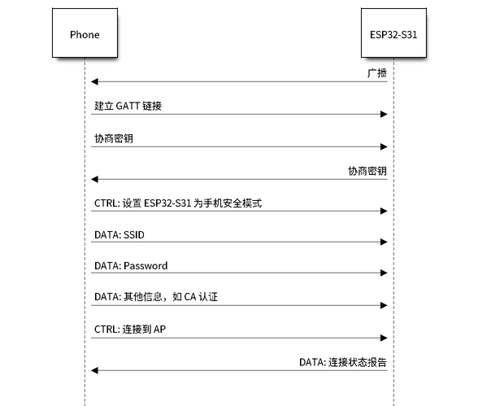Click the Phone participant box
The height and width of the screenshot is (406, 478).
click(85, 33)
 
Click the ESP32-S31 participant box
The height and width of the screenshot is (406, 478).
click(393, 33)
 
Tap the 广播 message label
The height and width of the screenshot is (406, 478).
click(377, 73)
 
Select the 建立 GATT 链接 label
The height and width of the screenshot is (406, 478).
click(128, 106)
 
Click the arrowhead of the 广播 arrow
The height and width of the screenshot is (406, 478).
click(94, 81)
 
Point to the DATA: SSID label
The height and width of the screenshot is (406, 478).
click(119, 235)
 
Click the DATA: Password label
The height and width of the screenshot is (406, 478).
click(131, 266)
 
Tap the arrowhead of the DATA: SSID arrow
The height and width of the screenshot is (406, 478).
click(384, 242)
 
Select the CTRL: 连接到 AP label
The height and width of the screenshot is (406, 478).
click(130, 330)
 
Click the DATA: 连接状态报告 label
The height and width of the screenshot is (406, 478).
click(343, 362)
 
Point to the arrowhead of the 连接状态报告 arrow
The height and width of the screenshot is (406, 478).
click(94, 371)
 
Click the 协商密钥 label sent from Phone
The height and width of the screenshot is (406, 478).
click(114, 138)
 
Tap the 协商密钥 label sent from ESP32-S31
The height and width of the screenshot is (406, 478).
click(367, 171)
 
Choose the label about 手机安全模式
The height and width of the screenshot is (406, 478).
click(178, 203)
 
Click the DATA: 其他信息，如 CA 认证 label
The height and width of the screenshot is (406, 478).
click(156, 297)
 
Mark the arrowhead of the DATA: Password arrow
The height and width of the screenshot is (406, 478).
click(384, 273)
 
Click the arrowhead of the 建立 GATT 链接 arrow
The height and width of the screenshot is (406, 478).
click(384, 115)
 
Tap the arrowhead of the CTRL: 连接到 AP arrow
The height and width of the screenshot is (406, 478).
click(384, 338)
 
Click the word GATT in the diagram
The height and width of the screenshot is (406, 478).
click(128, 106)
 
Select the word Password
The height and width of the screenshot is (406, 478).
click(146, 266)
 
